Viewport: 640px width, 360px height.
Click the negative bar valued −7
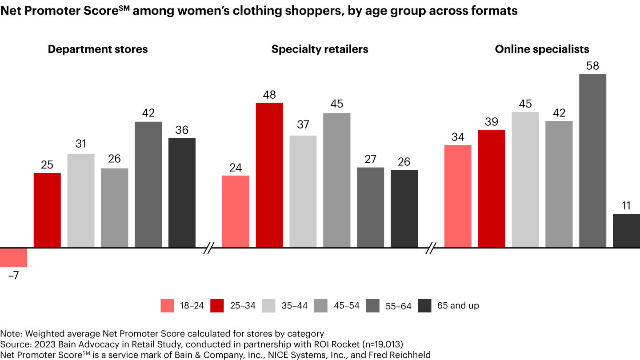click(x=14, y=257)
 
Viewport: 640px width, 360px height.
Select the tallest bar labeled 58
click(x=592, y=160)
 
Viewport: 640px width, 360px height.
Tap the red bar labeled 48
click(x=269, y=175)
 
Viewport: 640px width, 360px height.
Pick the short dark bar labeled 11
click(x=626, y=230)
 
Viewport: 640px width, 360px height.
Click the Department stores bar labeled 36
click(x=182, y=192)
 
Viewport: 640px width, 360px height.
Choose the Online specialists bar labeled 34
click(x=457, y=196)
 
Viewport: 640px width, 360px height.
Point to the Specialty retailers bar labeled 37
click(x=303, y=191)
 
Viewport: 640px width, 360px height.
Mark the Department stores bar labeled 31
click(x=81, y=200)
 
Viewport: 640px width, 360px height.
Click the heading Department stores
click(x=98, y=49)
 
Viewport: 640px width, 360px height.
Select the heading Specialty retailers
click(x=320, y=49)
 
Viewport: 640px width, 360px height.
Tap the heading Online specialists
click(x=542, y=49)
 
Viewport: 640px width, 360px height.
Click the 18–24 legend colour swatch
click(x=167, y=306)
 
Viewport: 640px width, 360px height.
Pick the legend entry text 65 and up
click(x=458, y=306)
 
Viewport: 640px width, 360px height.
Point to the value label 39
click(x=492, y=122)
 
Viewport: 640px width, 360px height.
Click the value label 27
click(x=370, y=160)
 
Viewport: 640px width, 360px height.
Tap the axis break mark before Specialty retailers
click(x=209, y=248)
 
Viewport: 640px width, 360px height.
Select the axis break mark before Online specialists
click(x=431, y=248)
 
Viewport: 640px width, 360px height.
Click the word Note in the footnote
click(x=9, y=334)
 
